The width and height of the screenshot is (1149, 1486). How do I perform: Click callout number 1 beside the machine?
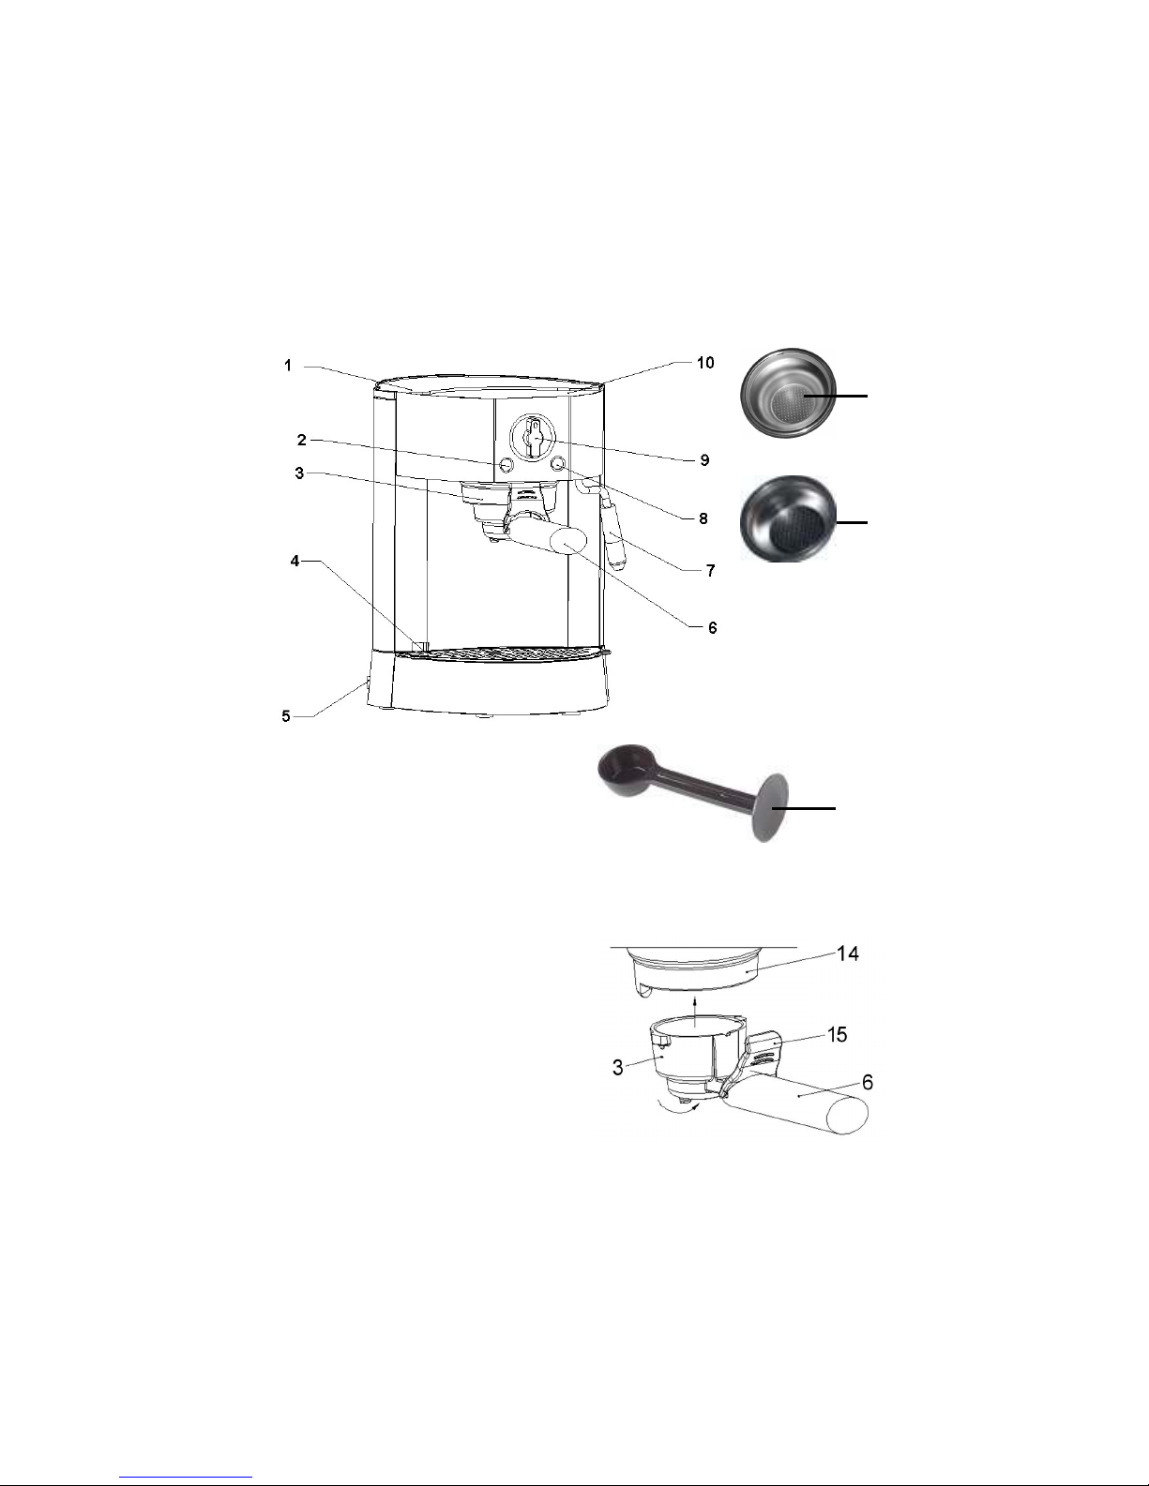coord(288,366)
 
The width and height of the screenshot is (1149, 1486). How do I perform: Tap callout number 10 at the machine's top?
coord(705,363)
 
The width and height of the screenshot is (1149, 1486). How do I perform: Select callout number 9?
coord(705,460)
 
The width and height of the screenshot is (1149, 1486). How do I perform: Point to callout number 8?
coord(703,518)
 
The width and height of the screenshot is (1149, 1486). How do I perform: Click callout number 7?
coord(711,570)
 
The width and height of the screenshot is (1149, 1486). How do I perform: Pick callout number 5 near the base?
coord(286,716)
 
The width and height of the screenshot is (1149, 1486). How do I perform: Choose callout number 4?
coord(295,561)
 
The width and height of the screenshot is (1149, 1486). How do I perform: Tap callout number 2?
coord(302,440)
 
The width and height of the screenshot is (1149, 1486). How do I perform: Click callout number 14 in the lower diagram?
coord(848,953)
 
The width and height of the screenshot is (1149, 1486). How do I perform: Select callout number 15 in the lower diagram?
coord(837,1035)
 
